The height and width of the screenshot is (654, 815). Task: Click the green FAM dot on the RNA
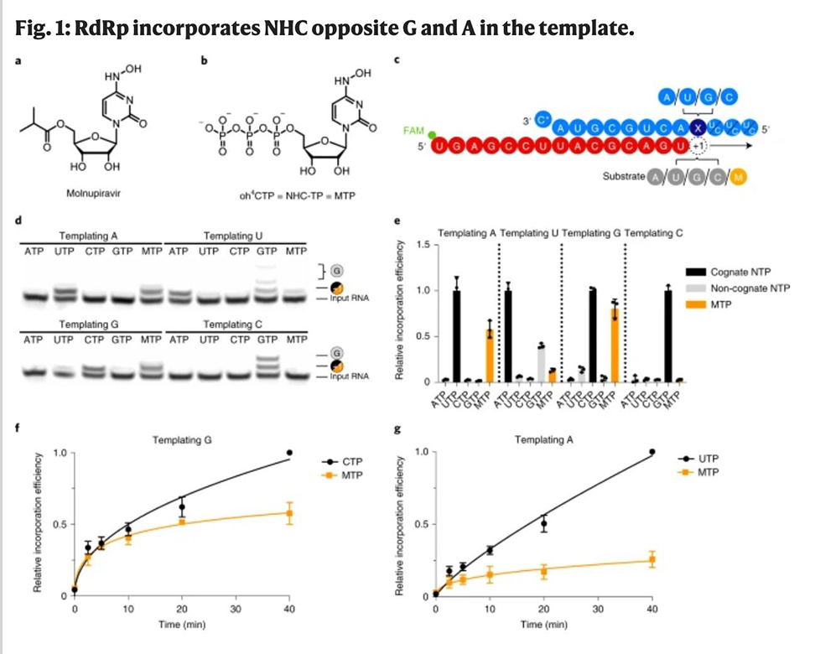432,135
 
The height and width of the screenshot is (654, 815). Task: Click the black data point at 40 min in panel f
289,453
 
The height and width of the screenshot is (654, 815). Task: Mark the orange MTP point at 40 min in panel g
651,560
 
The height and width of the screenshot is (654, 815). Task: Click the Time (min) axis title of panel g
544,625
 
